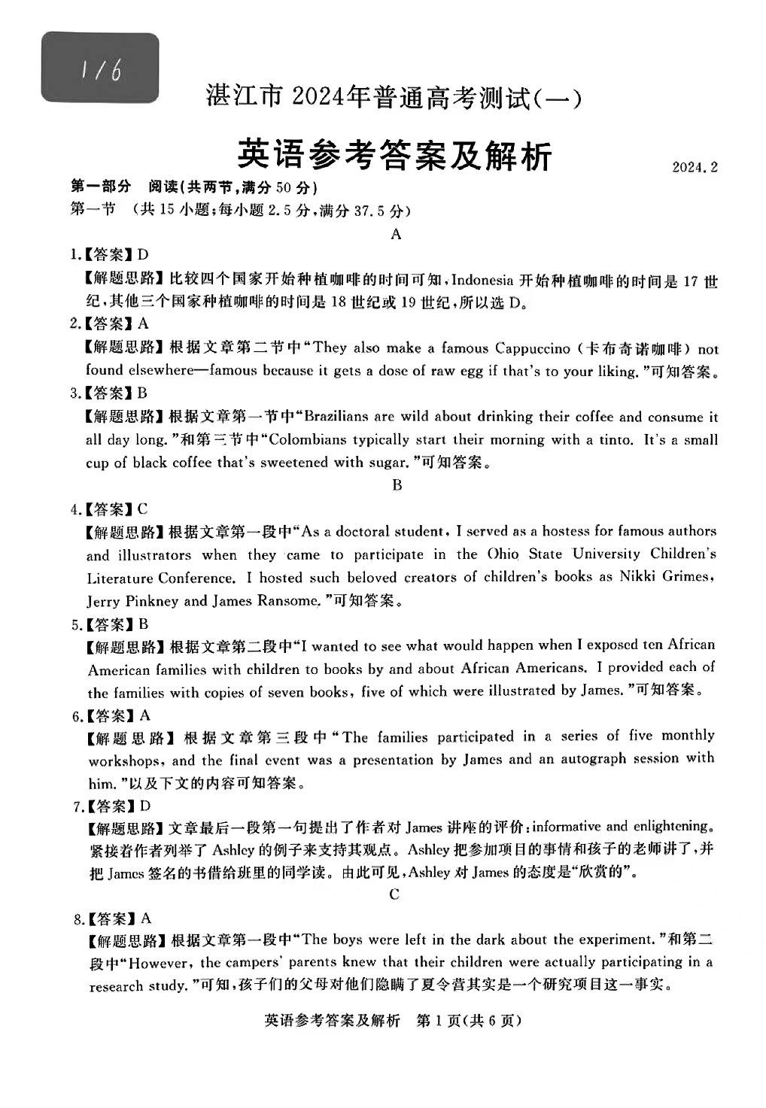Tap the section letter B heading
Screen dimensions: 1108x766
coord(397,485)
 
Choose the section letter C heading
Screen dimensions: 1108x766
coord(394,894)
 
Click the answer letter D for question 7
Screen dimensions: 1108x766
coord(144,806)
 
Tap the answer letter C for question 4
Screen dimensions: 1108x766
coord(142,509)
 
